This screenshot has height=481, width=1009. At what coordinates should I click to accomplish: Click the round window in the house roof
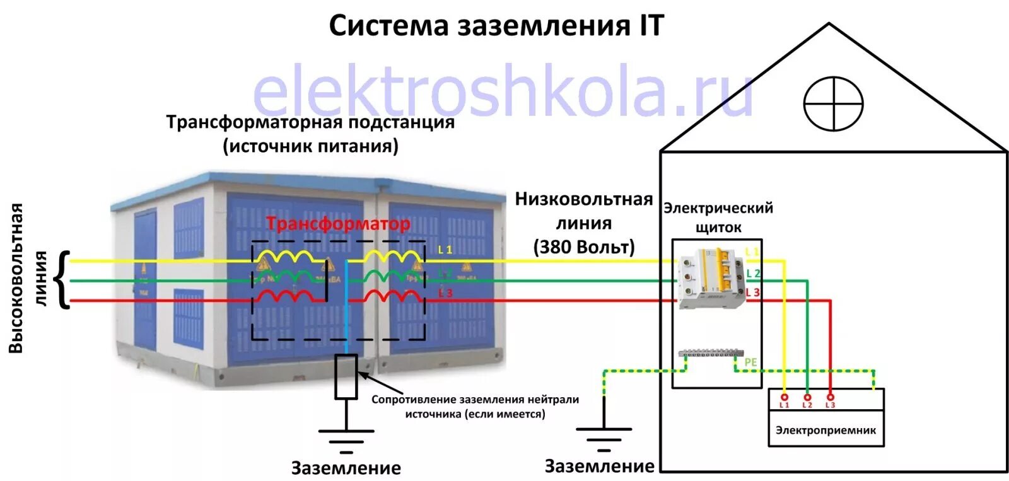click(x=833, y=104)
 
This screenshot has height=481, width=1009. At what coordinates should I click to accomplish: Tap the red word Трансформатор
click(x=338, y=224)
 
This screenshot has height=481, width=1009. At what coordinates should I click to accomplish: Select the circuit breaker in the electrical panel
click(x=711, y=277)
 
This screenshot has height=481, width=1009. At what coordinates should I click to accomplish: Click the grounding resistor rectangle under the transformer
click(x=346, y=376)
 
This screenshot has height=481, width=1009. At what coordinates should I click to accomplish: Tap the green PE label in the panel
click(x=750, y=362)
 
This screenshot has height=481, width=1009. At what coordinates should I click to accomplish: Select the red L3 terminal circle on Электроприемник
click(x=830, y=397)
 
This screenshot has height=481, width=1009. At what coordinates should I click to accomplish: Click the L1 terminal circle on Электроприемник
click(x=784, y=397)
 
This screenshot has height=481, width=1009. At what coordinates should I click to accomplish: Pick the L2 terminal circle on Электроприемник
click(x=807, y=397)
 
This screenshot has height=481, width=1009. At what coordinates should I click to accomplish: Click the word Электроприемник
click(x=825, y=430)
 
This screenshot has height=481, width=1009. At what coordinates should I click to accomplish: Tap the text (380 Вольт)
click(x=584, y=246)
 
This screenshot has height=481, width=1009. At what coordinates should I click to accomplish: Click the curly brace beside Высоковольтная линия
click(x=63, y=280)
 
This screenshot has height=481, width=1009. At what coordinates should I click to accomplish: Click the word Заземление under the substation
click(x=346, y=468)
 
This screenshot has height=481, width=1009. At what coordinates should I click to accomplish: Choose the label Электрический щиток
click(x=718, y=217)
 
